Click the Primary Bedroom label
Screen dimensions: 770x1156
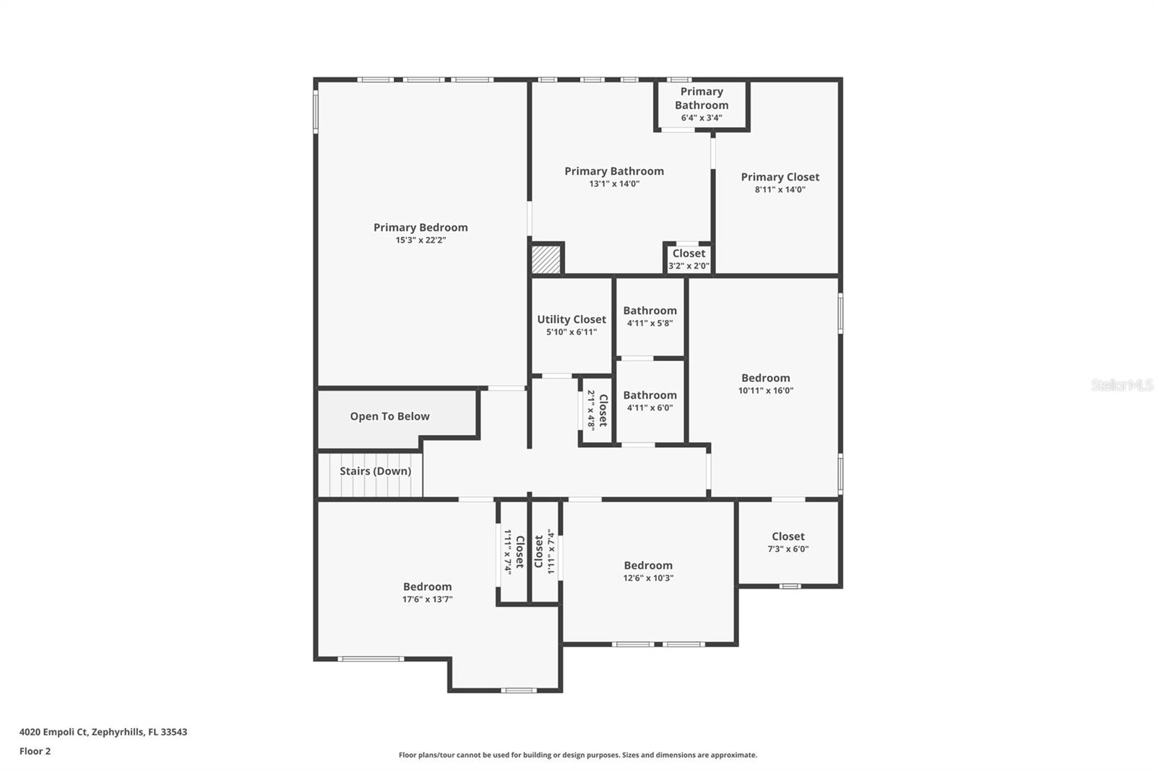(x=420, y=228)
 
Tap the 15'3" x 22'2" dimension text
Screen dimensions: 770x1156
(x=420, y=241)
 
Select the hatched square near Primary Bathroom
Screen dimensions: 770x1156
(x=546, y=259)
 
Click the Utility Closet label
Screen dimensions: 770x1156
(x=571, y=319)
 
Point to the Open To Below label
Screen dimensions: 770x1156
(x=389, y=417)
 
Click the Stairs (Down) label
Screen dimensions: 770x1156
(x=375, y=471)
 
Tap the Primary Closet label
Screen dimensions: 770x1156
(x=780, y=177)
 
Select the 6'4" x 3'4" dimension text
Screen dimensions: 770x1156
(x=701, y=118)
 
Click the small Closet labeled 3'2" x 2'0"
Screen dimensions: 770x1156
(x=689, y=254)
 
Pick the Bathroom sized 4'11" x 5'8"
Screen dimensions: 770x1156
(x=650, y=311)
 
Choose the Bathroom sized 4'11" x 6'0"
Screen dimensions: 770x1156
(x=650, y=395)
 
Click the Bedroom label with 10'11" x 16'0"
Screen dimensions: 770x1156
(x=765, y=378)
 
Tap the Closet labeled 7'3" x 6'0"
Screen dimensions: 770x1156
(x=788, y=537)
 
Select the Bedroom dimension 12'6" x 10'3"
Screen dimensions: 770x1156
(x=648, y=578)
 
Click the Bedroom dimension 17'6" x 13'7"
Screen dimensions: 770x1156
(x=427, y=600)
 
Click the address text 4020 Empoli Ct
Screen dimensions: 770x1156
(x=103, y=732)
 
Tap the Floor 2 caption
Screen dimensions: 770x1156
(x=35, y=751)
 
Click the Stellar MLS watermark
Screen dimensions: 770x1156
(x=1121, y=385)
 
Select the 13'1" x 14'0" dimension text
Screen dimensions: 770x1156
(x=614, y=184)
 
